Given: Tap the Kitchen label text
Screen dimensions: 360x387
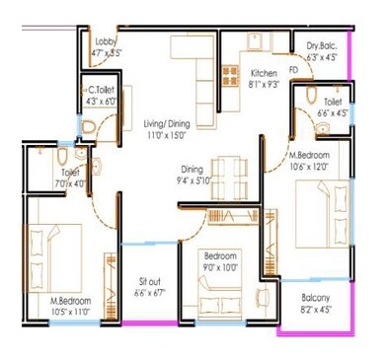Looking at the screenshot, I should (264, 74).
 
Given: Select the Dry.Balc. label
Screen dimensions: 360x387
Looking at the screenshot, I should (322, 44).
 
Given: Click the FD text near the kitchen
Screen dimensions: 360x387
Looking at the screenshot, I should (293, 70).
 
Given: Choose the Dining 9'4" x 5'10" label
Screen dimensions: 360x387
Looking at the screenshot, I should (193, 176).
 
